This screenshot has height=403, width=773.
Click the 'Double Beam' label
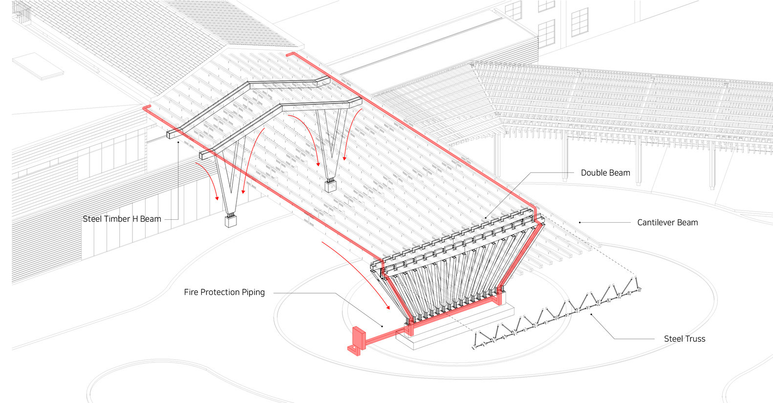click(x=605, y=173)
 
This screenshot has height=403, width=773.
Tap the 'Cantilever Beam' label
click(x=667, y=223)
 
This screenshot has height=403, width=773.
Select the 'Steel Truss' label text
click(x=684, y=339)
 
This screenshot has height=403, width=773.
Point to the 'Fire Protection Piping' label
click(x=224, y=293)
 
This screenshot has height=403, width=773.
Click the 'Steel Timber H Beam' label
click(x=122, y=219)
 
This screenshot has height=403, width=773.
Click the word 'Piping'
click(x=253, y=293)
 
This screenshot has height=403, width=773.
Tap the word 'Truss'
click(x=695, y=339)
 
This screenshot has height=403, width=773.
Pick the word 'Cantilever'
click(x=656, y=223)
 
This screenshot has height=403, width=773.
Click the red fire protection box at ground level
click(x=359, y=339)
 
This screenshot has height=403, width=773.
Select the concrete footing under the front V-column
click(x=231, y=221)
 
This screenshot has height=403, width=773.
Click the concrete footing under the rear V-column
click(x=331, y=186)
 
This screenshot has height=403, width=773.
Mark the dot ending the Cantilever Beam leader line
click(x=580, y=223)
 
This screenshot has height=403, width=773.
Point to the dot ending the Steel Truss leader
click(x=591, y=314)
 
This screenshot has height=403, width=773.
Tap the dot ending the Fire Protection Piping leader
click(x=382, y=326)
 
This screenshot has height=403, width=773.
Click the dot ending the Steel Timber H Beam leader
click(x=178, y=143)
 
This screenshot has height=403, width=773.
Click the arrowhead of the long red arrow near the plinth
click(x=388, y=308)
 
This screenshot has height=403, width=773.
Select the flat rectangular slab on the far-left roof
click(x=38, y=66)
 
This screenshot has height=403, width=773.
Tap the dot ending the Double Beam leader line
click(x=486, y=218)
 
